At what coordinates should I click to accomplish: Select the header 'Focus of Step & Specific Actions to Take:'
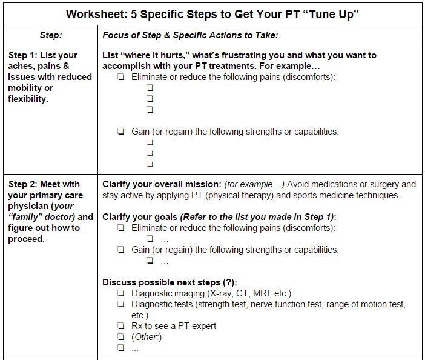pos(190,36)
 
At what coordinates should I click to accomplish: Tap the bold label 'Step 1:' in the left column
pos(25,55)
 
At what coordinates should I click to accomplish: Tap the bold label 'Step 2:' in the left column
pos(25,184)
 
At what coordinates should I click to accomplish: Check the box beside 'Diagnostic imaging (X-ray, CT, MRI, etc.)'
pos(121,293)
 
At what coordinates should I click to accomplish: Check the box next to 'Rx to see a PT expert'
pos(121,326)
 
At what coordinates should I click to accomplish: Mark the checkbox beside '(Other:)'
pos(121,337)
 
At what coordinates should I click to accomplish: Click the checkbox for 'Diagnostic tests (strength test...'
pos(121,304)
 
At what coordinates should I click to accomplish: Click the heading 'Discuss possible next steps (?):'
pos(170,282)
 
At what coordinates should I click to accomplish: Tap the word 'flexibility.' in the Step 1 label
pos(28,99)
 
